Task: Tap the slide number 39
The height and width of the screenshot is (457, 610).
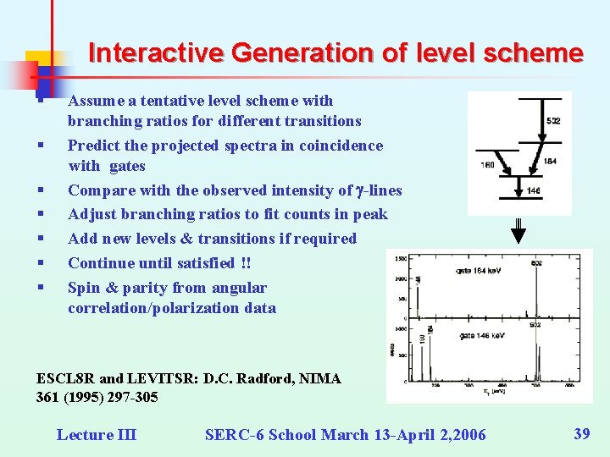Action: click(582, 434)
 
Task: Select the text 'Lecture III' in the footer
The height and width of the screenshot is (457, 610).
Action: click(96, 435)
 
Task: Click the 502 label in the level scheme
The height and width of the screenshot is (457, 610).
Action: click(552, 122)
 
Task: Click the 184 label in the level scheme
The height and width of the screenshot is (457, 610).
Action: click(550, 161)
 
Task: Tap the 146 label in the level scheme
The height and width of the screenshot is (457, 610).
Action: click(534, 191)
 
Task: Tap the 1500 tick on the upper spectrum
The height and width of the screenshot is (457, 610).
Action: click(400, 257)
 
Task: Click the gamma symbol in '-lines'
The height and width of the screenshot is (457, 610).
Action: click(360, 190)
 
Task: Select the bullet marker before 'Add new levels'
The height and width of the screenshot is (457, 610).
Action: click(41, 240)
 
